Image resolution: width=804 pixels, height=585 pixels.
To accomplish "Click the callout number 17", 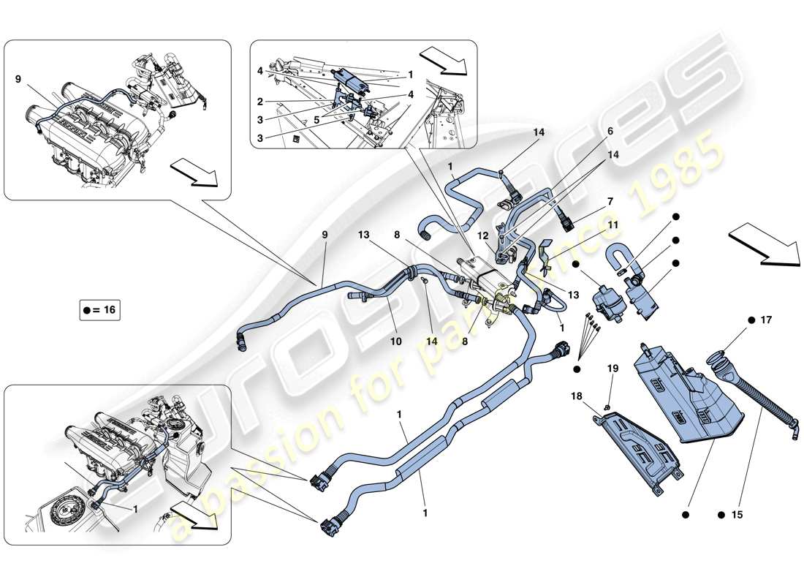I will pos(765,320).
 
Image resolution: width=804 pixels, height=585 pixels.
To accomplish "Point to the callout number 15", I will pos(736,515).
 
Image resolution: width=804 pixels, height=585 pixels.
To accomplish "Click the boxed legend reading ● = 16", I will pos(99,310).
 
